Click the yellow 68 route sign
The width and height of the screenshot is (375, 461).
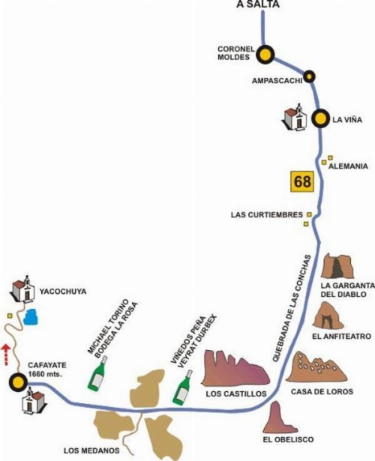(302, 181)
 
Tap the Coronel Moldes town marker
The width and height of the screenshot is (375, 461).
(265, 55)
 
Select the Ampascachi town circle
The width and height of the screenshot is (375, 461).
(309, 76)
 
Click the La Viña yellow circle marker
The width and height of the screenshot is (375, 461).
(320, 118)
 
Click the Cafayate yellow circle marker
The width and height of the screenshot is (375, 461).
(18, 382)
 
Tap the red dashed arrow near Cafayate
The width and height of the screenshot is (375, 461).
(5, 355)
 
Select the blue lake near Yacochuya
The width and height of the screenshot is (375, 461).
(31, 316)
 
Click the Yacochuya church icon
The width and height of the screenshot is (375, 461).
(22, 289)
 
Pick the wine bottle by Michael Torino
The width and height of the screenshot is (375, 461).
(97, 373)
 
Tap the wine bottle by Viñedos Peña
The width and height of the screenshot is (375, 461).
(183, 388)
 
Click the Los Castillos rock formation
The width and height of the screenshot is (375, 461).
(235, 368)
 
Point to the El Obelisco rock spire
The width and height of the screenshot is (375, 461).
(279, 417)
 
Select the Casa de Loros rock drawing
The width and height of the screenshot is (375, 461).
(316, 367)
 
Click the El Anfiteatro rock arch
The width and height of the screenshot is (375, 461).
(328, 316)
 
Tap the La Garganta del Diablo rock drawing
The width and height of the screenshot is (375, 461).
(337, 266)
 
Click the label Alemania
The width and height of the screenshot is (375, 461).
(348, 166)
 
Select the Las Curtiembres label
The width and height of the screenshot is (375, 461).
(267, 214)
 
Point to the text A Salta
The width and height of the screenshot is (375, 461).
(258, 4)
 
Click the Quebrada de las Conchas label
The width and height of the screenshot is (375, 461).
(292, 308)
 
